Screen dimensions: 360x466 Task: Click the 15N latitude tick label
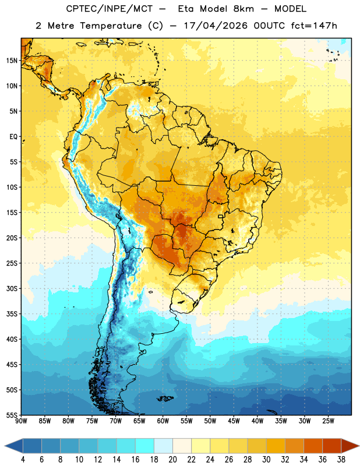[x=12, y=61]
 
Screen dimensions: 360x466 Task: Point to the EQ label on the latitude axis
[x=13, y=137]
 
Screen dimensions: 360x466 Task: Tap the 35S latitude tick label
[x=12, y=314]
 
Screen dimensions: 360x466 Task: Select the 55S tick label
[x=12, y=415]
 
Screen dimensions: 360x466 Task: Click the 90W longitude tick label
[x=22, y=421]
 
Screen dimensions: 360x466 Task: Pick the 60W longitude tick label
[x=163, y=421]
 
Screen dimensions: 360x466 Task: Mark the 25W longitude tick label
[x=329, y=421]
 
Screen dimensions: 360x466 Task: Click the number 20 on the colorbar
[x=172, y=460]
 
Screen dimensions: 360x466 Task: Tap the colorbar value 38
[x=341, y=460]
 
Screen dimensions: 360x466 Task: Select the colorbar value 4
[x=23, y=460]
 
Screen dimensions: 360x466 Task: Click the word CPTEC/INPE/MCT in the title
[x=109, y=9]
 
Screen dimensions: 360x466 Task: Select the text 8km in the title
[x=243, y=9]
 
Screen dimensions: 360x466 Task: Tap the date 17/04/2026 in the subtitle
[x=216, y=26]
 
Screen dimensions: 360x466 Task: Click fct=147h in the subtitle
[x=314, y=26]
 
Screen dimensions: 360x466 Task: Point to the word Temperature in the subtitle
[x=111, y=26]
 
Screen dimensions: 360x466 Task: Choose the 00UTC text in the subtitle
[x=269, y=26]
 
